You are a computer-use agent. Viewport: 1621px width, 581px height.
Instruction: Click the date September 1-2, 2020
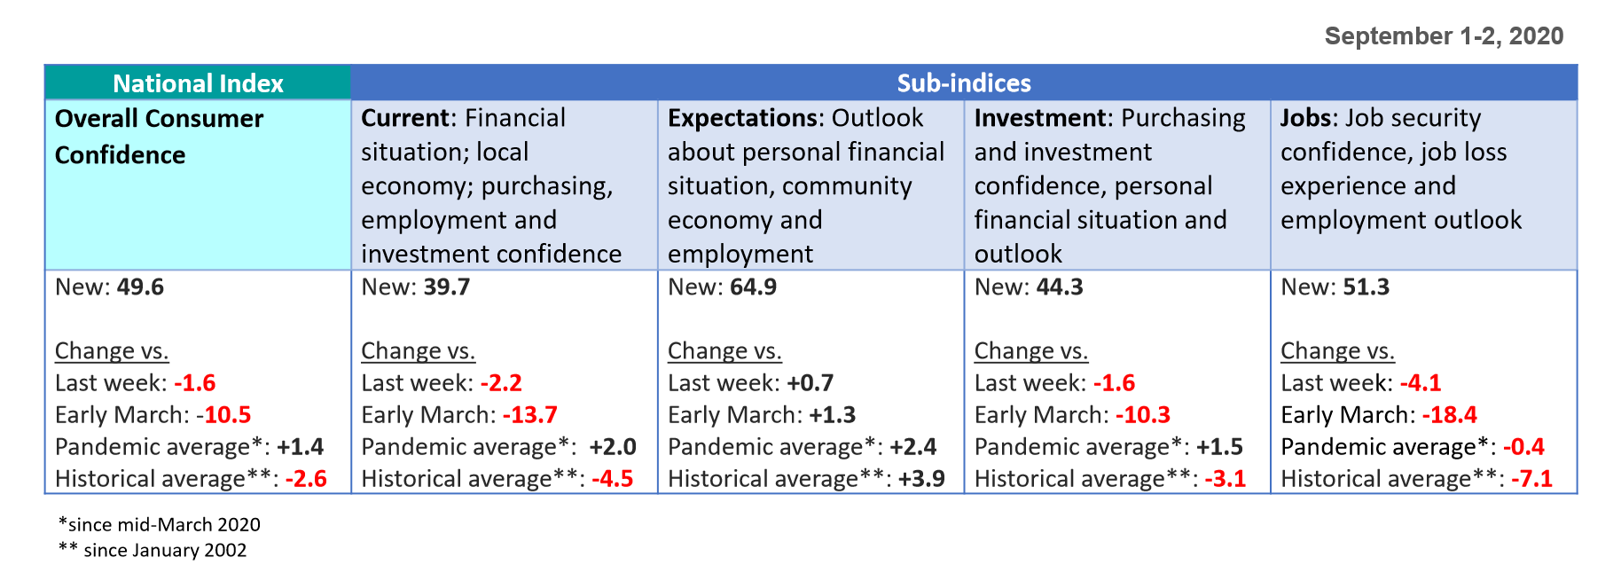[1444, 35]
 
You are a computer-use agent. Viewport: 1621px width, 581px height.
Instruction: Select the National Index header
[198, 83]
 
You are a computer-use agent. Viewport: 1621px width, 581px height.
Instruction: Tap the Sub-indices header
[964, 83]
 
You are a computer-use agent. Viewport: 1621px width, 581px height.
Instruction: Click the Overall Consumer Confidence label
[159, 137]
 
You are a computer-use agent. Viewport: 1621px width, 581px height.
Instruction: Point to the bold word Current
[405, 118]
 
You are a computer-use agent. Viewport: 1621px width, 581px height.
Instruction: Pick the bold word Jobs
[1307, 118]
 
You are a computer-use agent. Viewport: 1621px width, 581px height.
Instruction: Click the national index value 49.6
[140, 287]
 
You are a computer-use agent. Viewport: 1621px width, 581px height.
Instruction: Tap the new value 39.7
[446, 287]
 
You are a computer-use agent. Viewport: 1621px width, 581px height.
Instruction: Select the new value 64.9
[753, 287]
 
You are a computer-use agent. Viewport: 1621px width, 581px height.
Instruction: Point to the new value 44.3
[1060, 287]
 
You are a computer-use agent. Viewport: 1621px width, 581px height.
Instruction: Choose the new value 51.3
[1366, 287]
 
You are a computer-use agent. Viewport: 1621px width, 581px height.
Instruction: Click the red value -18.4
[1449, 415]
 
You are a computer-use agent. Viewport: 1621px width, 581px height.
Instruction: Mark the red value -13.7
[529, 415]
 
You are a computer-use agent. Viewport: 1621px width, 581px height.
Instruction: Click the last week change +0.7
[810, 383]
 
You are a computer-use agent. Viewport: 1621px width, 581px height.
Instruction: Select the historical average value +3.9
[921, 479]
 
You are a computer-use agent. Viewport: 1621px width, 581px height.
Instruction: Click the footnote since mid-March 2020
[160, 524]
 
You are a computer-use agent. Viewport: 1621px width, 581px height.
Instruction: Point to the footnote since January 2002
[153, 550]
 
